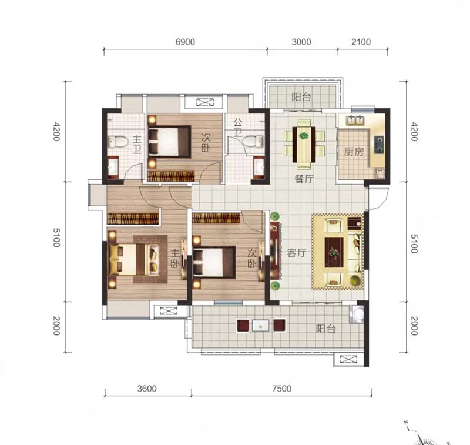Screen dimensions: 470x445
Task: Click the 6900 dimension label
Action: point(185,42)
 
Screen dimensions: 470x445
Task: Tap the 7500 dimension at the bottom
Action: point(282,389)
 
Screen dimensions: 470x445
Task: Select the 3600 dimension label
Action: point(147,389)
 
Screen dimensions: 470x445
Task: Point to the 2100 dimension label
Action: point(361,42)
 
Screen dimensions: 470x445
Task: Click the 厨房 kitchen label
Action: point(354,152)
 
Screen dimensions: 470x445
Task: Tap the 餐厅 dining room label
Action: point(304,179)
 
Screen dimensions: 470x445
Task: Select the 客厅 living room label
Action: point(297,253)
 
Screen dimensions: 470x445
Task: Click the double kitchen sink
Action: point(355,121)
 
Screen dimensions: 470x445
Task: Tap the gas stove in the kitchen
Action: point(379,144)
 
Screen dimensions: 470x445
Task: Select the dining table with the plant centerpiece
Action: point(304,145)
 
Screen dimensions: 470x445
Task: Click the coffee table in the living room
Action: point(334,252)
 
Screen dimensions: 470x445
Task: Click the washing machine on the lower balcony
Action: point(357,314)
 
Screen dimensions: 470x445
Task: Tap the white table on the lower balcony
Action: point(261,325)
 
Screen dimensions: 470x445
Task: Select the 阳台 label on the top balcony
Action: point(301,97)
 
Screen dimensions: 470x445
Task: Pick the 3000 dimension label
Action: point(301,42)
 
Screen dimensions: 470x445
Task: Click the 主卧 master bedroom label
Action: point(175,259)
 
